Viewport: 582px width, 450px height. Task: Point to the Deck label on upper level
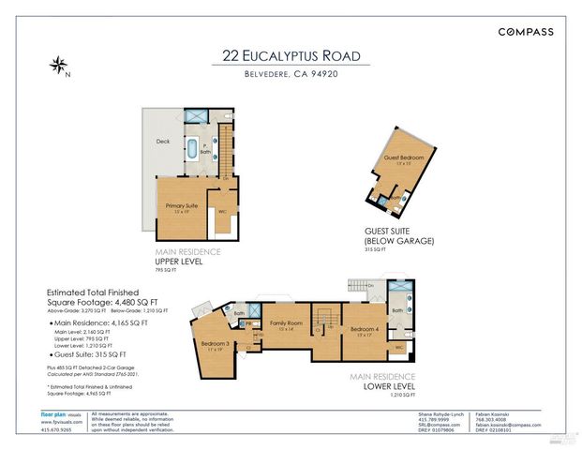point(163,142)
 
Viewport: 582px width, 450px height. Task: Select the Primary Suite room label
point(183,206)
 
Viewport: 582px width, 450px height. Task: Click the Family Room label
point(285,323)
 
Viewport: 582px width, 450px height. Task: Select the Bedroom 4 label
point(366,330)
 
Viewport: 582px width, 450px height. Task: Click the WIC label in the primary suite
point(223,211)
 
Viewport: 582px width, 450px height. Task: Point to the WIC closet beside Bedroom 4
point(399,347)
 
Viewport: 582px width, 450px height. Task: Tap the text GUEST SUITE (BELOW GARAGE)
point(399,236)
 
